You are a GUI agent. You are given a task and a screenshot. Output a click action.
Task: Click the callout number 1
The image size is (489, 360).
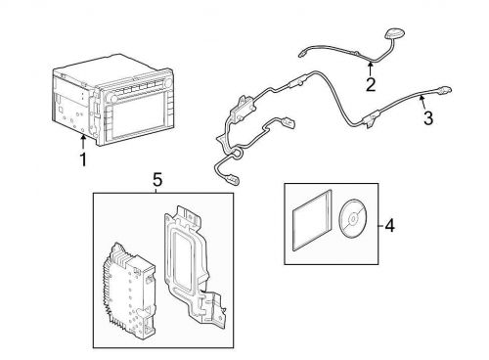[x=83, y=159]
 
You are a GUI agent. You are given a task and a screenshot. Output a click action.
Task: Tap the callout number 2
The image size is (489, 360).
[x=371, y=84]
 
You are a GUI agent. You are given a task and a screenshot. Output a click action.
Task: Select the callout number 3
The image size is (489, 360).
[x=428, y=118]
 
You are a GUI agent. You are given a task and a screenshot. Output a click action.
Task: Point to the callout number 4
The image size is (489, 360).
[x=389, y=226]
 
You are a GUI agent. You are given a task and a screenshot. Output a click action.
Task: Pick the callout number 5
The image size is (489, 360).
[x=157, y=180]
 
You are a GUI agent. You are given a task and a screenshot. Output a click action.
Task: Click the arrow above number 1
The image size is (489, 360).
[x=83, y=142]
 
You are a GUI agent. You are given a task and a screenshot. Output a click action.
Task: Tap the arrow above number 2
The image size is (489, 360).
[x=371, y=68]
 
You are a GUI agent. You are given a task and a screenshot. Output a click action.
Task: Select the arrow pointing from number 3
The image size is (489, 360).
[x=423, y=102]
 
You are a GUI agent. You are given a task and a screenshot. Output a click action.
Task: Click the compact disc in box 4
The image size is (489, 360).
[x=353, y=218]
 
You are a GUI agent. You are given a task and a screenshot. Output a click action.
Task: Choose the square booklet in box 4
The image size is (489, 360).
[x=312, y=220]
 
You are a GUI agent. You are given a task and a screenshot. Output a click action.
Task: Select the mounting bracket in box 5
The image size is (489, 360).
[x=194, y=266]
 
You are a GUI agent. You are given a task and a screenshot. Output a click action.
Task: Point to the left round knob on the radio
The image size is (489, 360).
[x=114, y=99]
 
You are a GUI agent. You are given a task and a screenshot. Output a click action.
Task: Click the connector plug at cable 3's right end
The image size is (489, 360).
[x=444, y=90]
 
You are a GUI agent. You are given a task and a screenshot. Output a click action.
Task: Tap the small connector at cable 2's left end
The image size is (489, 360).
[x=302, y=53]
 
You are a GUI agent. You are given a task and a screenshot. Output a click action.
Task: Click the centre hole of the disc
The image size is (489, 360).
[x=353, y=218]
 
